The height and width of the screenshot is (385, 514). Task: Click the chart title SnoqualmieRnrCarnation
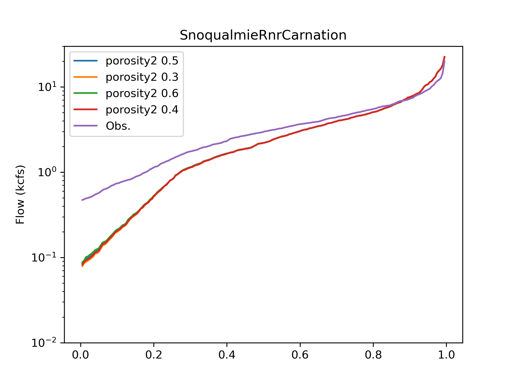[x=263, y=35]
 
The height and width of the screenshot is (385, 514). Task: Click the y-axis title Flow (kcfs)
[x=20, y=194]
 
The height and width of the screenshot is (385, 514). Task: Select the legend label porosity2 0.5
[x=142, y=61]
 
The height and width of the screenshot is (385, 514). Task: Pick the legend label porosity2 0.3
[x=142, y=77]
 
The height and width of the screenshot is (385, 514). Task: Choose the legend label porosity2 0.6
[x=142, y=94]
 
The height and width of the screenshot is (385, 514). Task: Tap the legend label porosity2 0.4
[x=142, y=110]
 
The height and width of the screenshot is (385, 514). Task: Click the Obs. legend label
[x=118, y=126]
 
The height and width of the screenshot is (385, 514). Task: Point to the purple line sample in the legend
[x=85, y=126]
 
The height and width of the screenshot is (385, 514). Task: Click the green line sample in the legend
[x=85, y=93]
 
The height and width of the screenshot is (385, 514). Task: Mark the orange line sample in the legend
[x=85, y=77]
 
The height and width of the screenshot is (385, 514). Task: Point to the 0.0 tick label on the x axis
[x=81, y=355]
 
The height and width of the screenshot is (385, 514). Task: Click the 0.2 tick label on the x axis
[x=154, y=355]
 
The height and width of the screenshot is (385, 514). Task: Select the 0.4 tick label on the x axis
[x=227, y=355]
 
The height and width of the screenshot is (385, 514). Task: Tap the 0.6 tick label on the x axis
[x=300, y=355]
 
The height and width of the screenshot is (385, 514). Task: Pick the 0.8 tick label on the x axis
[x=373, y=355]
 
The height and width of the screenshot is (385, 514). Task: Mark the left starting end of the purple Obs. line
[x=82, y=200]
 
